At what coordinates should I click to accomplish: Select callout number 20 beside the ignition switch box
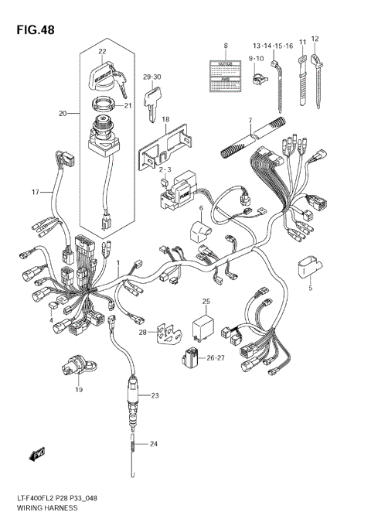click(x=63, y=114)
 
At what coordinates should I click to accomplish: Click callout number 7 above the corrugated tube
click(x=250, y=121)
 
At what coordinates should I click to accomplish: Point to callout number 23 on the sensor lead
click(x=155, y=395)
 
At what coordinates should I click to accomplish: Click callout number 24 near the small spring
click(x=154, y=443)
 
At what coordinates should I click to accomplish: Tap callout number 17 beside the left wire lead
click(x=35, y=191)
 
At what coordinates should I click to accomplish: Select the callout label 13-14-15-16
click(x=271, y=46)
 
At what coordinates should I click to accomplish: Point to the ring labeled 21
click(x=104, y=104)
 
